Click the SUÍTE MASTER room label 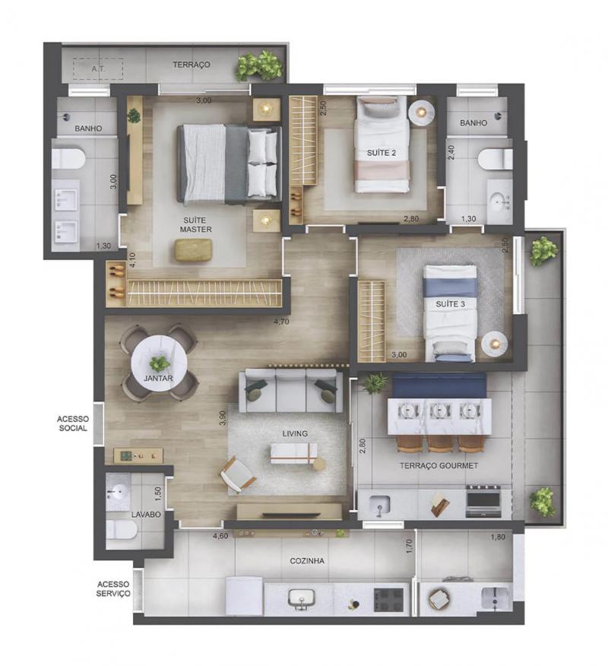click(x=195, y=225)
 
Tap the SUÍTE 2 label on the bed click(x=382, y=153)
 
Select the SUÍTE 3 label click(x=450, y=304)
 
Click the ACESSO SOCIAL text click(x=73, y=423)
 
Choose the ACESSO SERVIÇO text click(x=113, y=588)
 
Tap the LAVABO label click(x=146, y=515)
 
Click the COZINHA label click(x=307, y=561)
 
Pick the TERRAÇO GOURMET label click(x=439, y=465)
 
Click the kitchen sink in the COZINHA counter click(x=301, y=598)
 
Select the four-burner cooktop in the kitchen click(x=388, y=600)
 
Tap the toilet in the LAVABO click(x=122, y=530)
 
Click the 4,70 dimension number click(x=281, y=322)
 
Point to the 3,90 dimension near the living click(x=223, y=417)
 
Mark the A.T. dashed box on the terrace click(x=98, y=69)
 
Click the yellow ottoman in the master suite click(x=193, y=249)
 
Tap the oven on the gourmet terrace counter click(x=483, y=501)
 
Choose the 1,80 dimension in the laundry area click(x=498, y=537)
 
